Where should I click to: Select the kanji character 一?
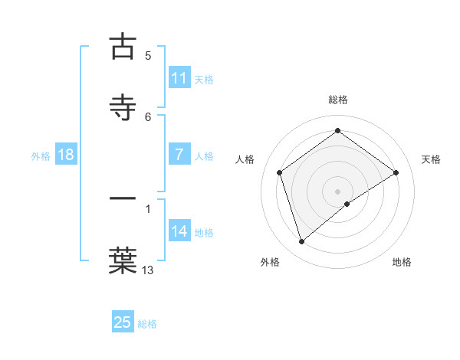123,200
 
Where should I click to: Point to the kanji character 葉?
123,259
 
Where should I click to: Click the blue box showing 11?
179,78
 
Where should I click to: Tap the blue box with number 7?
179,155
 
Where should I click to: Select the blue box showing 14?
179,231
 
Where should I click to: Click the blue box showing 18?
66,155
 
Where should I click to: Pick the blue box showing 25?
123,322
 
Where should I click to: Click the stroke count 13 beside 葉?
147,269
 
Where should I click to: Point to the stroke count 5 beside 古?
148,56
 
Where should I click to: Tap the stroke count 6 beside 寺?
148,116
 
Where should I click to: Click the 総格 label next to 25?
148,324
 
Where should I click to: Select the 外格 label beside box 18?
41,156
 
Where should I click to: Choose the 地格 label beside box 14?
204,233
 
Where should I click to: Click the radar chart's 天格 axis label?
431,159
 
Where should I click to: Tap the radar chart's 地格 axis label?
402,262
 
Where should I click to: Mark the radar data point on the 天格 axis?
396,172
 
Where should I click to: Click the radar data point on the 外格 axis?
301,242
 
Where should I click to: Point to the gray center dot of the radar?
337,191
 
